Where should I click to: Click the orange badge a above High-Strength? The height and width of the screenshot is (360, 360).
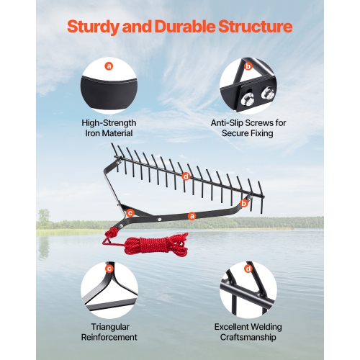click(x=109, y=66)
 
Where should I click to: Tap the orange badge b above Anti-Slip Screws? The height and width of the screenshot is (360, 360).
click(x=248, y=66)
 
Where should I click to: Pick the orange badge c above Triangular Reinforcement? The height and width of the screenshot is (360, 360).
click(x=109, y=269)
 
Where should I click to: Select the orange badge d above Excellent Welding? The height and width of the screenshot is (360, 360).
click(x=248, y=269)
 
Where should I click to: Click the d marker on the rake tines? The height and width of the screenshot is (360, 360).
click(x=186, y=176)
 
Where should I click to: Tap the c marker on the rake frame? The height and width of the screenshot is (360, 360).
click(x=130, y=212)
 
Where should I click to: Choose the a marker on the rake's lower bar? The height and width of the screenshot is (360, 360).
click(x=192, y=215)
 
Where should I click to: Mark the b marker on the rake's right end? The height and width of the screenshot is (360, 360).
click(x=243, y=204)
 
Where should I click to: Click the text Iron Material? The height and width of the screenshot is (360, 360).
click(x=109, y=133)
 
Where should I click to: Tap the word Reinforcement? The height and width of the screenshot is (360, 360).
click(x=109, y=336)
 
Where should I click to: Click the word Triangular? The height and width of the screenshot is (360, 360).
click(x=109, y=326)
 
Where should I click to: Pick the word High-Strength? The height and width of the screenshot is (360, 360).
click(x=109, y=123)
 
